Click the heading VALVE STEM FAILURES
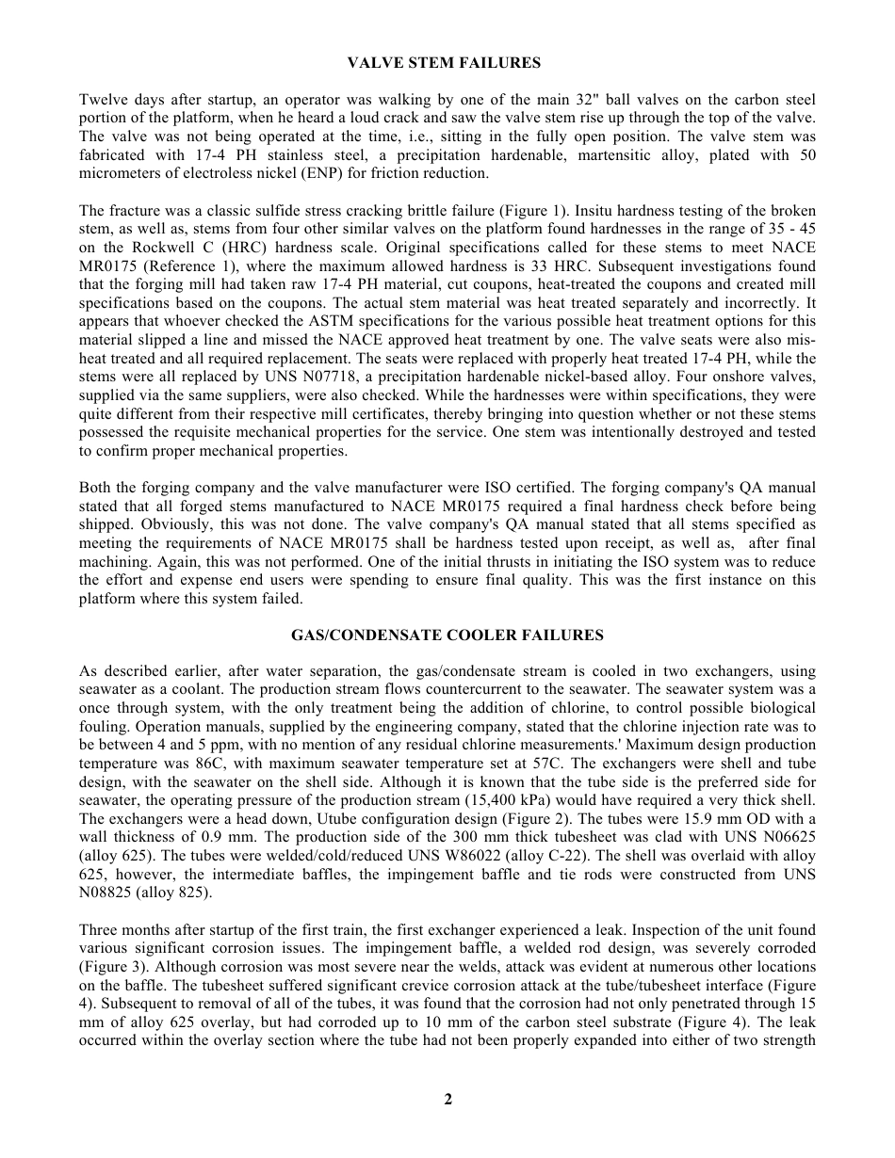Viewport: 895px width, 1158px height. coord(444,63)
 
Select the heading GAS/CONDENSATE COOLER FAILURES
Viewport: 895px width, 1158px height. coord(447,635)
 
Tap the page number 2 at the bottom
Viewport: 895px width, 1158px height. coord(448,1099)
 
